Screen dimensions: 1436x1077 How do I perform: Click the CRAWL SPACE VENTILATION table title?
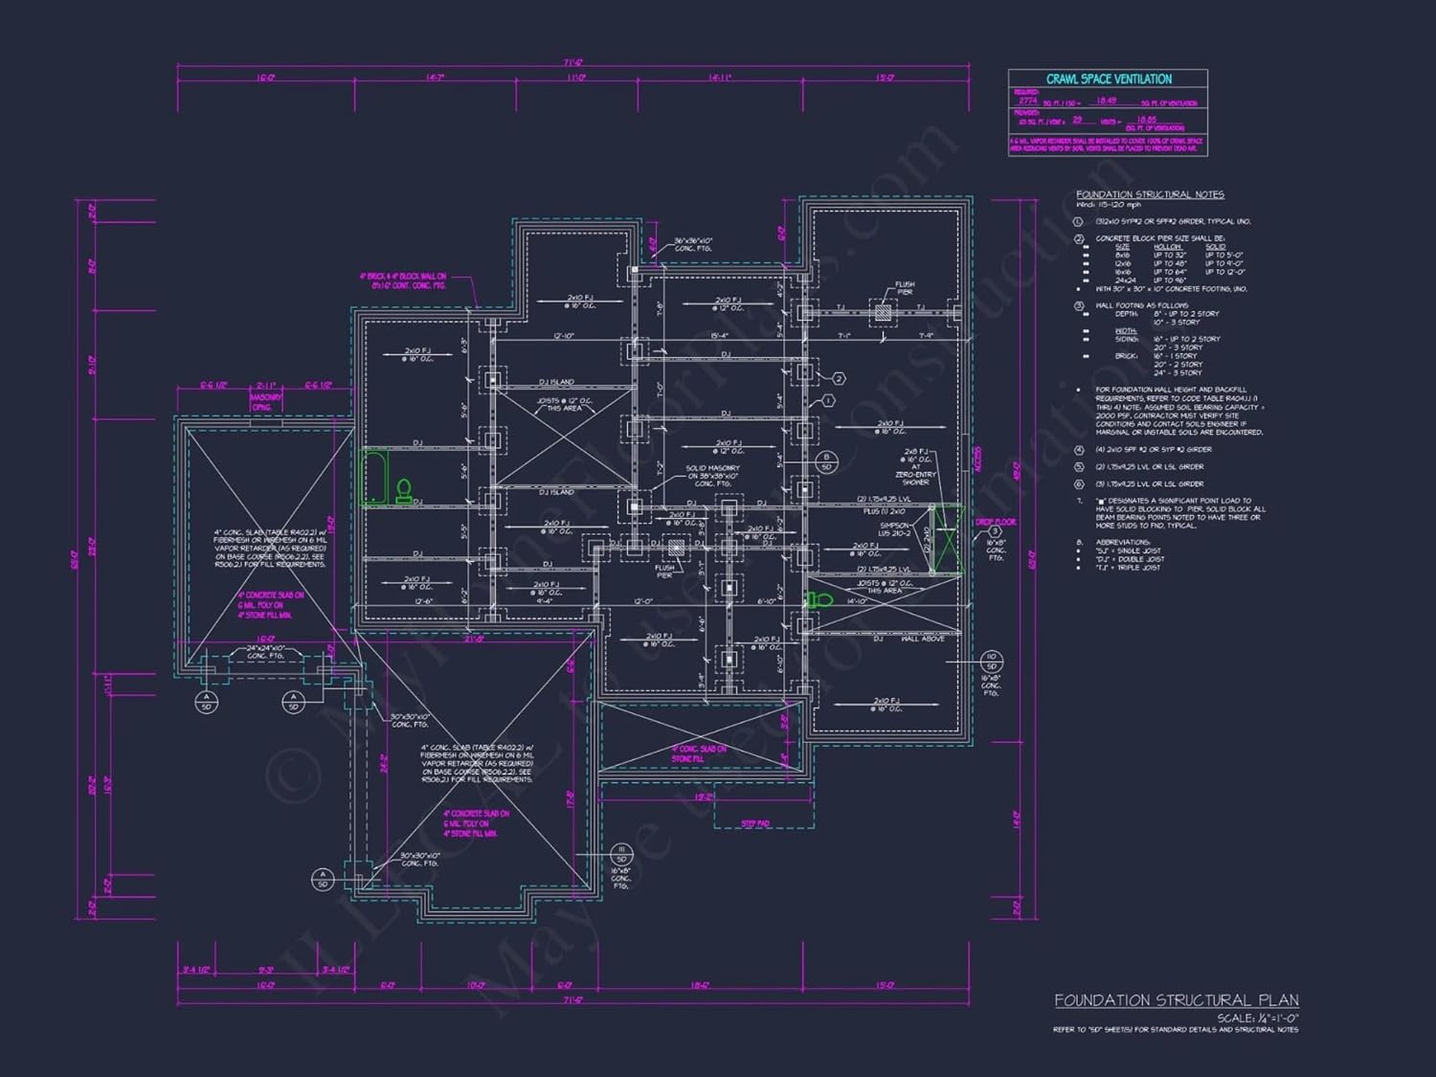pos(1109,79)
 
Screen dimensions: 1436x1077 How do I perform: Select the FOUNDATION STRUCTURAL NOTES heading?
pos(1150,194)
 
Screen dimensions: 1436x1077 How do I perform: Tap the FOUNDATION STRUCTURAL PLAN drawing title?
pos(1176,1000)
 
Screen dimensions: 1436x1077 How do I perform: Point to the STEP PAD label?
pos(755,823)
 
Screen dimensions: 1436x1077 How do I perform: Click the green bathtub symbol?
pos(373,478)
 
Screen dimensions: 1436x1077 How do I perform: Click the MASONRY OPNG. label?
pos(265,401)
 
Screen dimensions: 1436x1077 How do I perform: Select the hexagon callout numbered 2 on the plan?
pos(839,379)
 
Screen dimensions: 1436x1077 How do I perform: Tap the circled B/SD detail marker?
pos(827,462)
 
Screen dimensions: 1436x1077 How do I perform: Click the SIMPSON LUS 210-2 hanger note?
pos(894,529)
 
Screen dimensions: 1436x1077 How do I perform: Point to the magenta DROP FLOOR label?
pos(996,522)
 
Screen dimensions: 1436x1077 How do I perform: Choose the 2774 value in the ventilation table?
pos(1027,101)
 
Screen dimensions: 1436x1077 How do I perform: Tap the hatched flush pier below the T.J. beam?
pos(882,311)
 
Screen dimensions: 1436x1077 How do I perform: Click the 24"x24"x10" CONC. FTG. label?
pos(265,652)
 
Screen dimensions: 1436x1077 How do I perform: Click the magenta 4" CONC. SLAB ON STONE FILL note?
pos(698,753)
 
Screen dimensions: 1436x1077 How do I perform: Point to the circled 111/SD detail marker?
pos(621,854)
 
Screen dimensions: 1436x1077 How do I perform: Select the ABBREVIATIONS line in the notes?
pos(1122,542)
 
